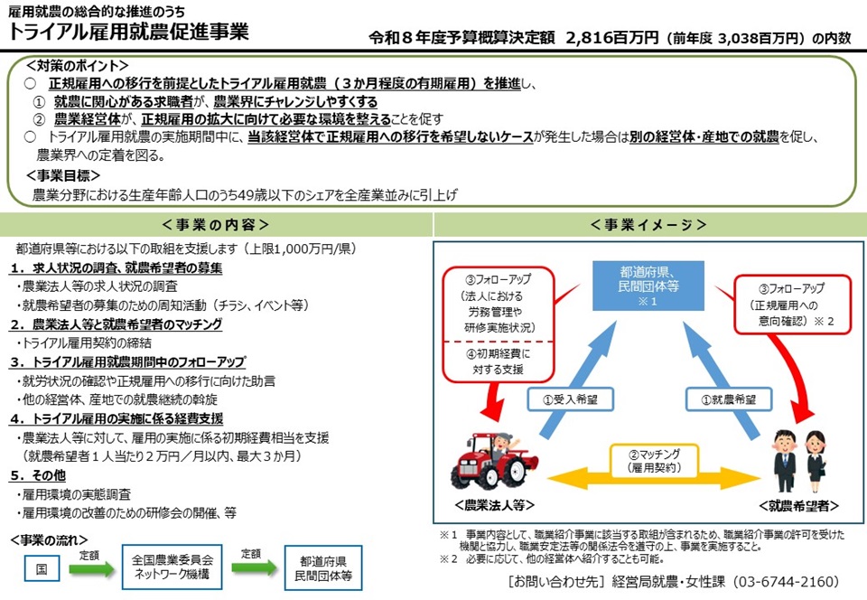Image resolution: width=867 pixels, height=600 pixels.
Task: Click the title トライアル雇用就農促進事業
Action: click(129, 33)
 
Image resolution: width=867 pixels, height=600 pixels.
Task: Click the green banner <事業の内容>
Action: click(216, 224)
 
